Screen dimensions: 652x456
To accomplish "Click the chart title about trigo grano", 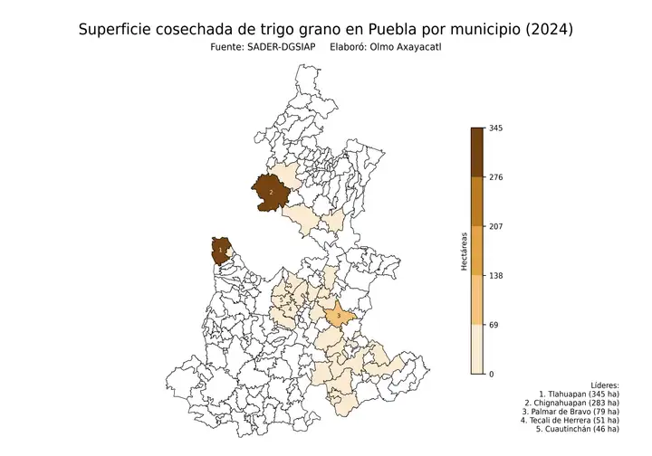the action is tap(325, 29).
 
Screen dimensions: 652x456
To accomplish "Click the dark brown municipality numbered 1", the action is tap(220, 250).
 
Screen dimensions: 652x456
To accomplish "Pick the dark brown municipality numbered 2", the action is tap(271, 192).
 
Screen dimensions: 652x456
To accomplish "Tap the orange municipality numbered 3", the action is tap(339, 316).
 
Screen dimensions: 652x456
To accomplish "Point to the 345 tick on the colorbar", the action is tap(496, 128).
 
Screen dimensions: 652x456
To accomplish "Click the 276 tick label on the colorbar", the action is tap(496, 177).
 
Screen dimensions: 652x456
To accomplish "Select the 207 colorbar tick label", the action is tap(496, 226).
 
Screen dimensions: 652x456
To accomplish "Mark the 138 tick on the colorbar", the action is tap(496, 276).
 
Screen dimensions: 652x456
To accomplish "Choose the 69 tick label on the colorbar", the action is tap(494, 325).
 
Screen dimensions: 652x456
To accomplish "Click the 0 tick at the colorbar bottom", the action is tap(492, 374).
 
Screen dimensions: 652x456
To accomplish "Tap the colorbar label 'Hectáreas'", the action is tap(464, 252).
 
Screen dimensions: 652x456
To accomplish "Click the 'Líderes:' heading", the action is tap(603, 385).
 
